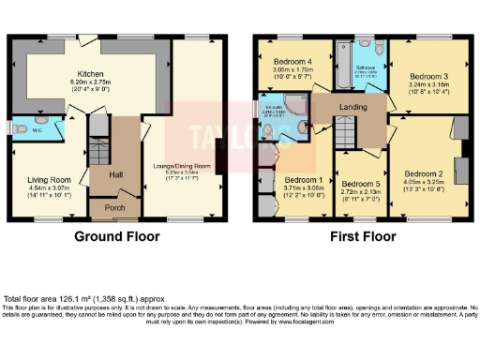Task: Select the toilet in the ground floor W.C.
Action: point(21,128)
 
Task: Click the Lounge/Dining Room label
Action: point(177,166)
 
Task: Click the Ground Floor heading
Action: point(116,236)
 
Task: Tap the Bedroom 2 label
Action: point(424,173)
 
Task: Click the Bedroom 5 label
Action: point(359,184)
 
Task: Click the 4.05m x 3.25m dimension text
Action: point(424,185)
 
